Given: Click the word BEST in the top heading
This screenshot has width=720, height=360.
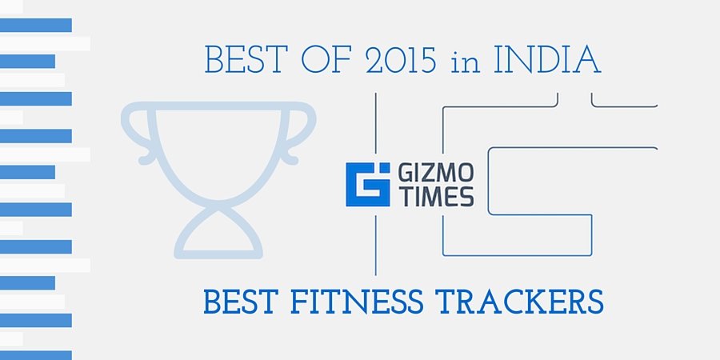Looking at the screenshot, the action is [x=246, y=59].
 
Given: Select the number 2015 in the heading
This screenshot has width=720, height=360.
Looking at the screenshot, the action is [x=402, y=59].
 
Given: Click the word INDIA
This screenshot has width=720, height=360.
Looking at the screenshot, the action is [x=547, y=59].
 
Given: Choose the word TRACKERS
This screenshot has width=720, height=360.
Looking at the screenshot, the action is [x=521, y=302].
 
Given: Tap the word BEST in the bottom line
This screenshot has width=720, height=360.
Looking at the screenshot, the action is [x=241, y=302].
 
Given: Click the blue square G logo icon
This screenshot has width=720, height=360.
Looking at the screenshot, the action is [x=368, y=184].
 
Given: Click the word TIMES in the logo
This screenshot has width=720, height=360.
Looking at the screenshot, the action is [x=435, y=196].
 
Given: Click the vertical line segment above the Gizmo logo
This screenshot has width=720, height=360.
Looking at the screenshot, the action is [x=376, y=123].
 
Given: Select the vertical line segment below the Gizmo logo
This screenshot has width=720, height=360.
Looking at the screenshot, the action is [x=376, y=246].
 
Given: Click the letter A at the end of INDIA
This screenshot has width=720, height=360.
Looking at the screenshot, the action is [x=587, y=59].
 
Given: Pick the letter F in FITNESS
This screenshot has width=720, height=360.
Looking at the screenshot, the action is [x=298, y=302].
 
